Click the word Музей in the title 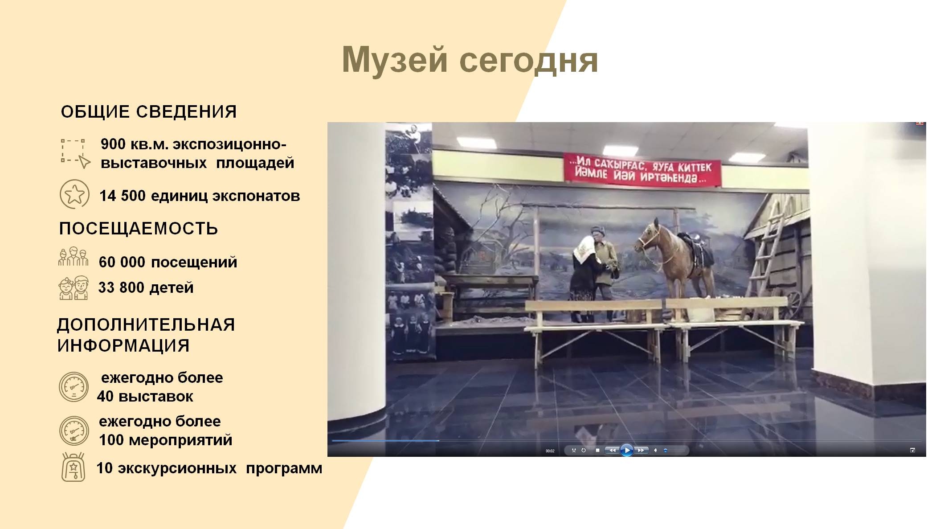(x=395, y=60)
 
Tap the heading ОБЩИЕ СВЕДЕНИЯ (x=149, y=111)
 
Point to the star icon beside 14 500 (x=74, y=194)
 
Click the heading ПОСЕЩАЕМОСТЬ (x=139, y=228)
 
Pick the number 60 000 (x=122, y=262)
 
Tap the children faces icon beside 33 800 (x=74, y=287)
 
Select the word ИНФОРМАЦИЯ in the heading (x=123, y=345)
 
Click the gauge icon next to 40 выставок (x=74, y=387)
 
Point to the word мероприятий (x=180, y=440)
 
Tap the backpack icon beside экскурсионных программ (x=73, y=467)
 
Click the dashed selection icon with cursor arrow (x=75, y=154)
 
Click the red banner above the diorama (x=642, y=170)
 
